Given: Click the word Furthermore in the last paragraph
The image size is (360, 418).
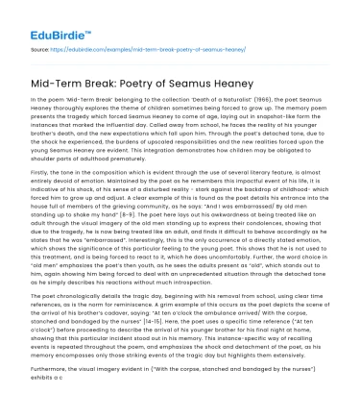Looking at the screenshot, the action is [49, 393].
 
